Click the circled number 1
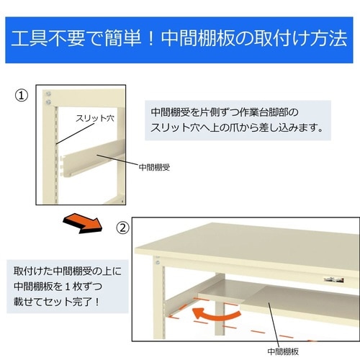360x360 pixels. [x=22, y=94]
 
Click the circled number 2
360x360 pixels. [x=123, y=228]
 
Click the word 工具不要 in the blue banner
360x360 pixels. [x=50, y=38]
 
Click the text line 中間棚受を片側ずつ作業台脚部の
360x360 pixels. [x=224, y=113]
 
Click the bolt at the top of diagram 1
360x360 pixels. [x=49, y=94]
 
